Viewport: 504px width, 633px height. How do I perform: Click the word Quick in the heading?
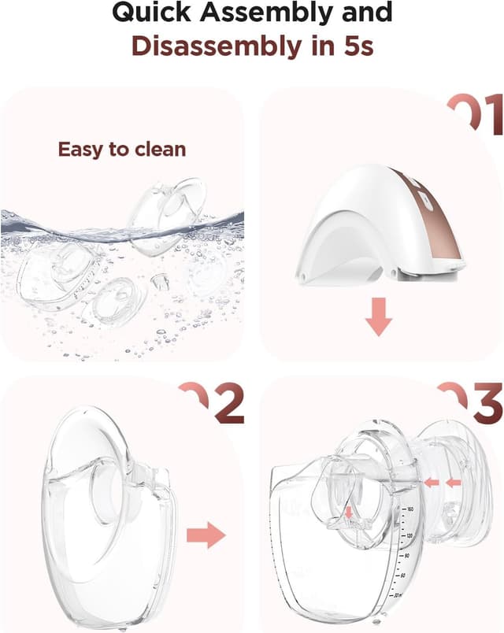pos(151,13)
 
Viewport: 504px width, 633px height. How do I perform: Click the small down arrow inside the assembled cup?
pos(350,514)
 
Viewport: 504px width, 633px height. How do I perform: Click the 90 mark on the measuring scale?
pos(406,556)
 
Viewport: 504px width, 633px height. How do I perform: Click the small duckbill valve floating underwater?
pos(161,281)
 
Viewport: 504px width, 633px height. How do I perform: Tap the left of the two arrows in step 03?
pos(430,480)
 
